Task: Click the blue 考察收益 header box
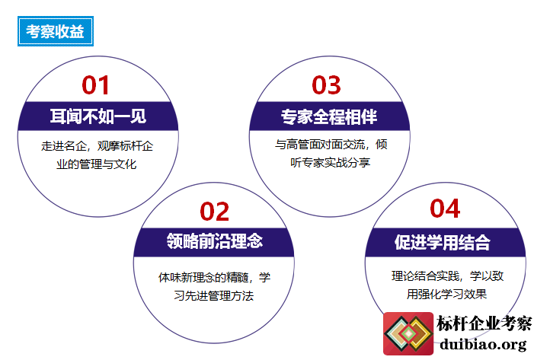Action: tap(56, 31)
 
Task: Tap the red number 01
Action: tap(95, 85)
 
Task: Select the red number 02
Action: tap(215, 212)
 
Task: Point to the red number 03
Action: tap(326, 85)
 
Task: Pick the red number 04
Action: tap(445, 209)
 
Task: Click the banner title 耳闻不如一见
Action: tap(98, 116)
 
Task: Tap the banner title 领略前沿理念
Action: tap(215, 241)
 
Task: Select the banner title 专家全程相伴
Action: tap(329, 116)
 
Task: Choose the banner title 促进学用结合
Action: tap(443, 243)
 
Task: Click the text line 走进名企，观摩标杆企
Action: tap(97, 146)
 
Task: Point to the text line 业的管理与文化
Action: tap(97, 164)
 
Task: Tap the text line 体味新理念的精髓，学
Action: tap(214, 277)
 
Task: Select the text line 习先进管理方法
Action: tap(214, 296)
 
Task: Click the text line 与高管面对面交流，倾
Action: tap(331, 145)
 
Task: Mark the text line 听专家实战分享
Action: tap(331, 163)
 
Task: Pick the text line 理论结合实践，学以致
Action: tap(447, 276)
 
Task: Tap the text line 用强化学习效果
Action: tap(446, 294)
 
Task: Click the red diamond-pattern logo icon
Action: tap(408, 333)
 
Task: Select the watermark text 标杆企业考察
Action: tap(484, 323)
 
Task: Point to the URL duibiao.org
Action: tap(483, 344)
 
